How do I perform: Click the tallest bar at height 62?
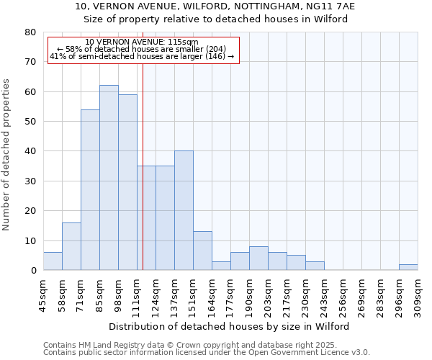click(109, 178)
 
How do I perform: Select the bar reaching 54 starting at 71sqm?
click(90, 190)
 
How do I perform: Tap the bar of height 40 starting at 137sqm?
click(184, 211)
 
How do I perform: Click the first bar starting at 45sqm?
click(53, 261)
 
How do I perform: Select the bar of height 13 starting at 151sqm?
click(202, 251)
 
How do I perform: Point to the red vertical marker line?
click(143, 166)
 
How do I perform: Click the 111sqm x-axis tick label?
click(137, 294)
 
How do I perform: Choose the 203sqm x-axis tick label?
click(268, 294)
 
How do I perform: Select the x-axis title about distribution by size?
click(230, 326)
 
